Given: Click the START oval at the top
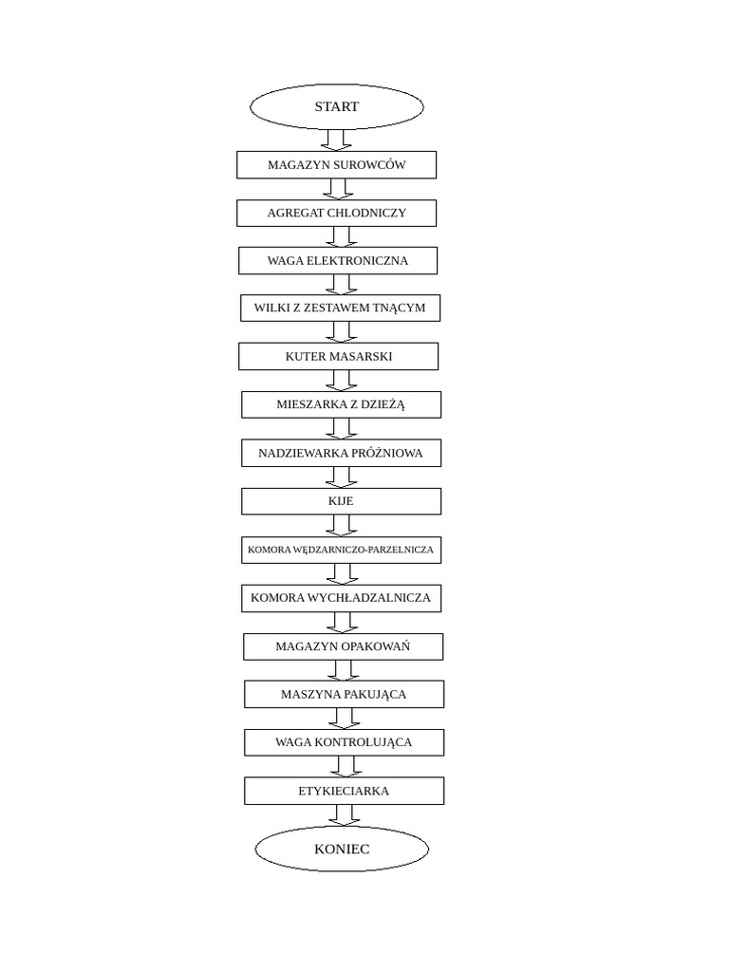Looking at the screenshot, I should click(x=337, y=107).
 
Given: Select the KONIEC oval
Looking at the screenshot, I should click(x=342, y=849).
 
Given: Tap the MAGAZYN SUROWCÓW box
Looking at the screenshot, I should click(x=337, y=165).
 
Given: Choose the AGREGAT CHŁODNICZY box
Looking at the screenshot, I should click(x=337, y=213).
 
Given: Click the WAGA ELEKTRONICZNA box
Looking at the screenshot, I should click(x=338, y=261).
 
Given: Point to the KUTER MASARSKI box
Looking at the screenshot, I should click(x=339, y=357).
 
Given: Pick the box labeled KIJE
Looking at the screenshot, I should click(x=341, y=501).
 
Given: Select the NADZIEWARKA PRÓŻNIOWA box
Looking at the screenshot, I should click(x=341, y=453).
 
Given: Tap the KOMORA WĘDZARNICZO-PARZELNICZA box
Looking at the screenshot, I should click(x=341, y=550).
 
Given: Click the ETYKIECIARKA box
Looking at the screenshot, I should click(x=344, y=791).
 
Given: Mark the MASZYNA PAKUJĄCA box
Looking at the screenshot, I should click(x=344, y=694).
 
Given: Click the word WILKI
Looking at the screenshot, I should click(x=271, y=308).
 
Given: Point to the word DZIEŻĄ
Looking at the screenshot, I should click(x=381, y=404).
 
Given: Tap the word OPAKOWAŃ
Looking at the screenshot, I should click(x=382, y=646).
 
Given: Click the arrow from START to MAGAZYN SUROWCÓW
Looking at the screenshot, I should click(x=336, y=140).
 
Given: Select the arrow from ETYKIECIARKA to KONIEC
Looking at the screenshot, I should click(x=344, y=815).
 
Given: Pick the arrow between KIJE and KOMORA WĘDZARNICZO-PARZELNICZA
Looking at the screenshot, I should click(x=341, y=526).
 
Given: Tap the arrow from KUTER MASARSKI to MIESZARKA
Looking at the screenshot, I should click(x=341, y=381).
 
